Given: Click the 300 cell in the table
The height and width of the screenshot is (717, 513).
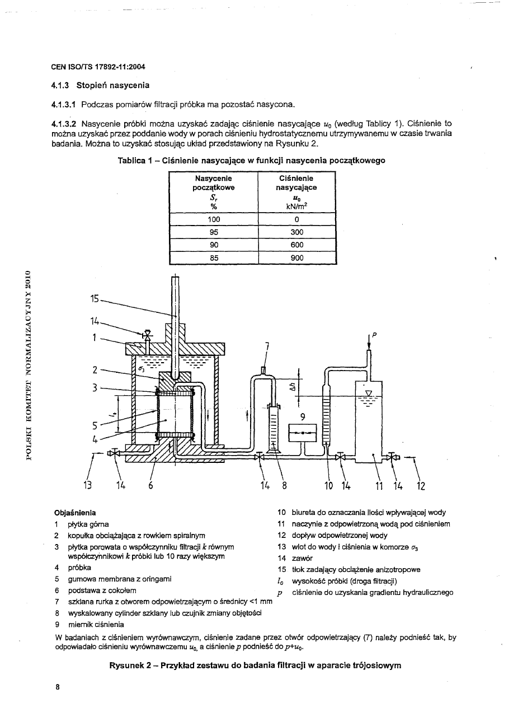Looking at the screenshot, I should (x=296, y=232).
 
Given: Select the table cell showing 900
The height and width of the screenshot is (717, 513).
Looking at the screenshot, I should (x=296, y=258).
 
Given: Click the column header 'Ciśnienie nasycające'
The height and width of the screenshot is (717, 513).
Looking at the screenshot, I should (x=296, y=183).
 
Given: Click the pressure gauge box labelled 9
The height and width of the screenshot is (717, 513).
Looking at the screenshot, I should (x=302, y=432).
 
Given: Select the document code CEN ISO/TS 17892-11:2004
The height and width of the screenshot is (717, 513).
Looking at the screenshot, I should (x=98, y=67).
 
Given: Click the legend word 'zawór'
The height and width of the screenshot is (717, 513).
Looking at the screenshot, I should (x=301, y=558).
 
